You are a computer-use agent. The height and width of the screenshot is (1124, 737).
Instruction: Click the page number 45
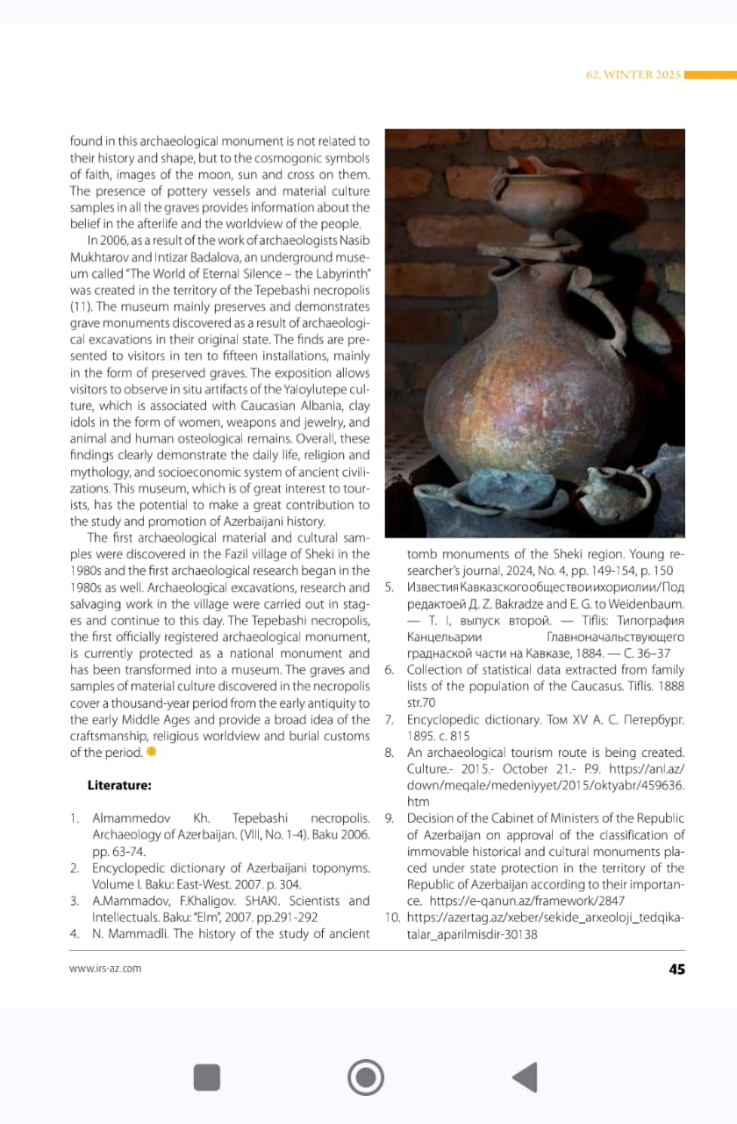[x=676, y=969]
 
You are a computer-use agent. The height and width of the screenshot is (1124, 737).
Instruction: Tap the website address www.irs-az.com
[x=105, y=969]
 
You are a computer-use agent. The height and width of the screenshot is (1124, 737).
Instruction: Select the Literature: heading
[x=119, y=784]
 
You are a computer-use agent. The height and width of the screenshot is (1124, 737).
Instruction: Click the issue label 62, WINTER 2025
[x=633, y=75]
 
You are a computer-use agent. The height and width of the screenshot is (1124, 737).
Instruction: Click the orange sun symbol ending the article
[x=151, y=753]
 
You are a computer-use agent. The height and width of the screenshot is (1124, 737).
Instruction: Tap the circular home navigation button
[x=365, y=1077]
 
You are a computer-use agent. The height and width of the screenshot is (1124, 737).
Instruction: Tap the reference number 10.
[x=392, y=918]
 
